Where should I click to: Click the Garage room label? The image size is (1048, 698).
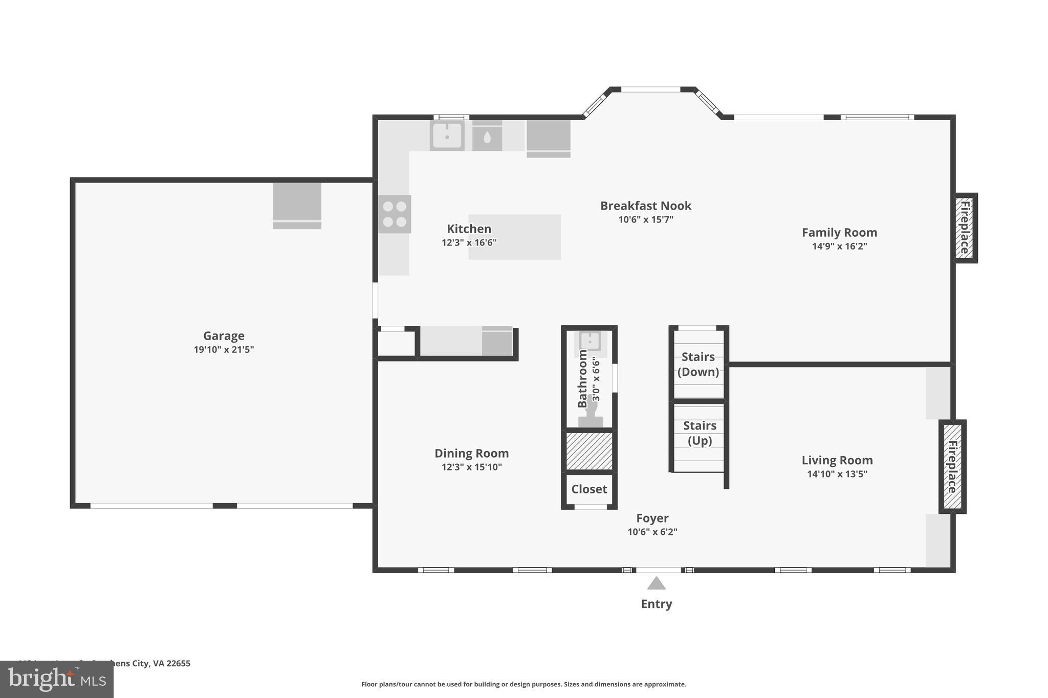(x=224, y=336)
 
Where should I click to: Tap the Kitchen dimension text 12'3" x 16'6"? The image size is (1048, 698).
(x=469, y=243)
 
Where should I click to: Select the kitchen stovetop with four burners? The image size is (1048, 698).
(x=395, y=214)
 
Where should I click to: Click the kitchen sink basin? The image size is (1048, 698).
(x=447, y=136)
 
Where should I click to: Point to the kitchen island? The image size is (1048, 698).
(x=514, y=237)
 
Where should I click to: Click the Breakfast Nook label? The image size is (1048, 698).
(x=645, y=206)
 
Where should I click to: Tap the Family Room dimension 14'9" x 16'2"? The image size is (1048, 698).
(x=839, y=246)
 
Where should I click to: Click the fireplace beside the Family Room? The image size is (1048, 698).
(x=965, y=228)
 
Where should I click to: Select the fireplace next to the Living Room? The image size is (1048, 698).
(x=952, y=466)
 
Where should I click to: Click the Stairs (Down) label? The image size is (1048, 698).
(x=698, y=364)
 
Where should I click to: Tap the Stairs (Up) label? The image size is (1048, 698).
(x=700, y=433)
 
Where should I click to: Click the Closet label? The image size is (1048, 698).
(x=589, y=489)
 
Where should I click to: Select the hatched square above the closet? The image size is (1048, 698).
(x=589, y=451)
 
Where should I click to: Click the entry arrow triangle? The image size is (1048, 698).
(x=656, y=584)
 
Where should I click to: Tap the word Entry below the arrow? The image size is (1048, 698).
(x=656, y=604)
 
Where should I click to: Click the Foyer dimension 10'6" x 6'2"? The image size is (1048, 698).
(x=652, y=532)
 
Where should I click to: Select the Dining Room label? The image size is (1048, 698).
(x=471, y=454)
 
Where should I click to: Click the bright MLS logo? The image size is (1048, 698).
(x=57, y=680)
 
